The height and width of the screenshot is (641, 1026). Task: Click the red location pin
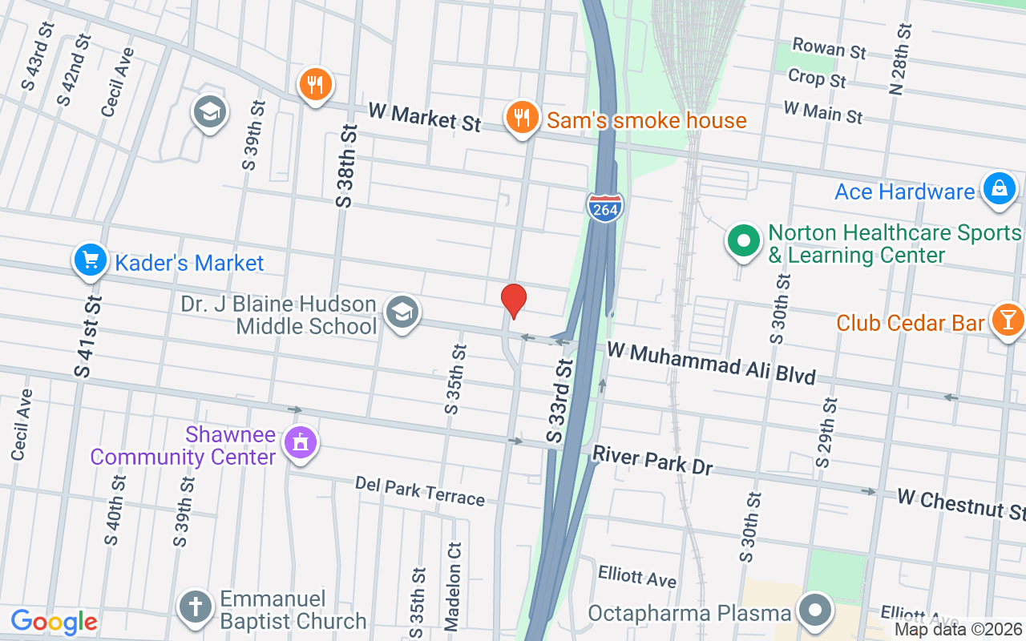513,300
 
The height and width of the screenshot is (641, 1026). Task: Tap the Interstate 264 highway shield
604,208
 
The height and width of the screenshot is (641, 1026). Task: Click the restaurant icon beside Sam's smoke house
522,117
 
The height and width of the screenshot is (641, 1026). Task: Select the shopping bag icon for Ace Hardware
999,190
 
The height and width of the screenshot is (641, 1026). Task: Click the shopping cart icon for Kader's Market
91,260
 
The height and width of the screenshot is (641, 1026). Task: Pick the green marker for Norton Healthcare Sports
743,241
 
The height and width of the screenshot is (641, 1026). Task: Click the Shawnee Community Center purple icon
301,441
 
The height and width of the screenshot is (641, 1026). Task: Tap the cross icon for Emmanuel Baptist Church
195,607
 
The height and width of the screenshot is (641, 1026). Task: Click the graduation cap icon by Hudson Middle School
401,312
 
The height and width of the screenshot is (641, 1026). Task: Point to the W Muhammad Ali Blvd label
711,362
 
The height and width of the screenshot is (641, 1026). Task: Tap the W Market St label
424,116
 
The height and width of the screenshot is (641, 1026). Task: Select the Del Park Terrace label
420,491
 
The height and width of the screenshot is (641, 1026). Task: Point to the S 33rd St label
560,401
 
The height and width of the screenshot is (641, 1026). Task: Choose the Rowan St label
829,47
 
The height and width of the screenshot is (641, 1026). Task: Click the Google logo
54,622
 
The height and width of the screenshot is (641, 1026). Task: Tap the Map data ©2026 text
959,630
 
